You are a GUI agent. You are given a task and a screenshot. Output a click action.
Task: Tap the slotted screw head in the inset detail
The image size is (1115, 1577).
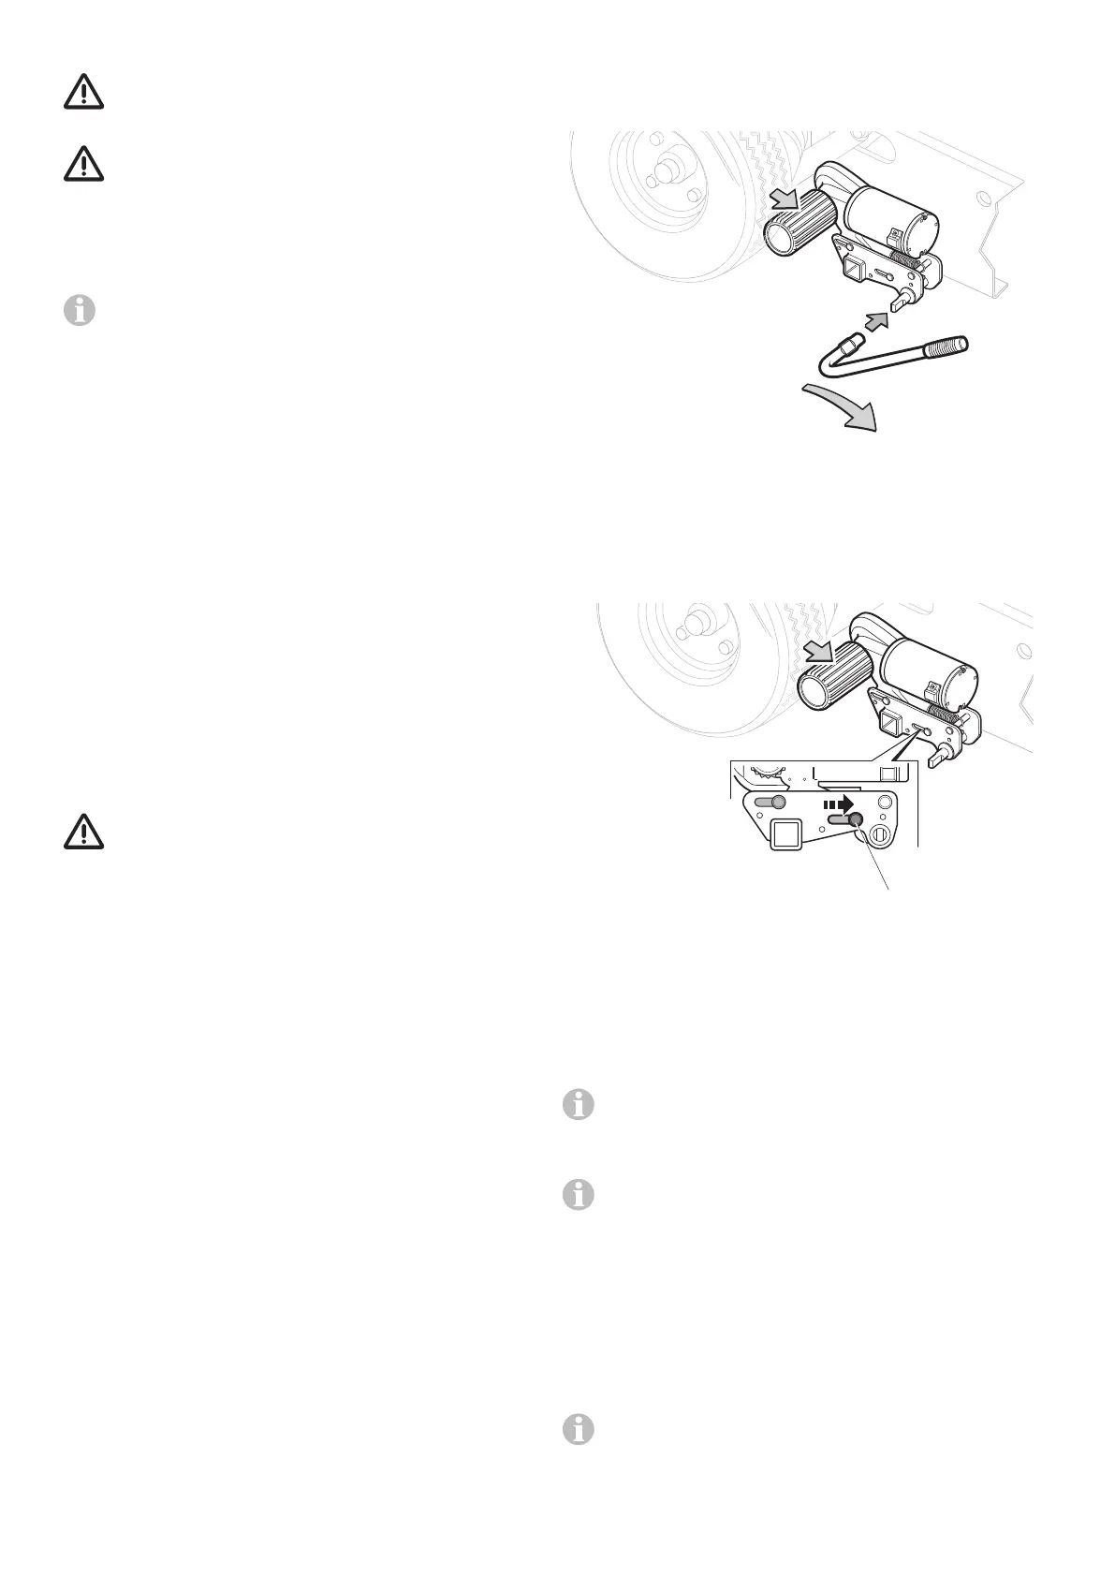(x=882, y=835)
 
